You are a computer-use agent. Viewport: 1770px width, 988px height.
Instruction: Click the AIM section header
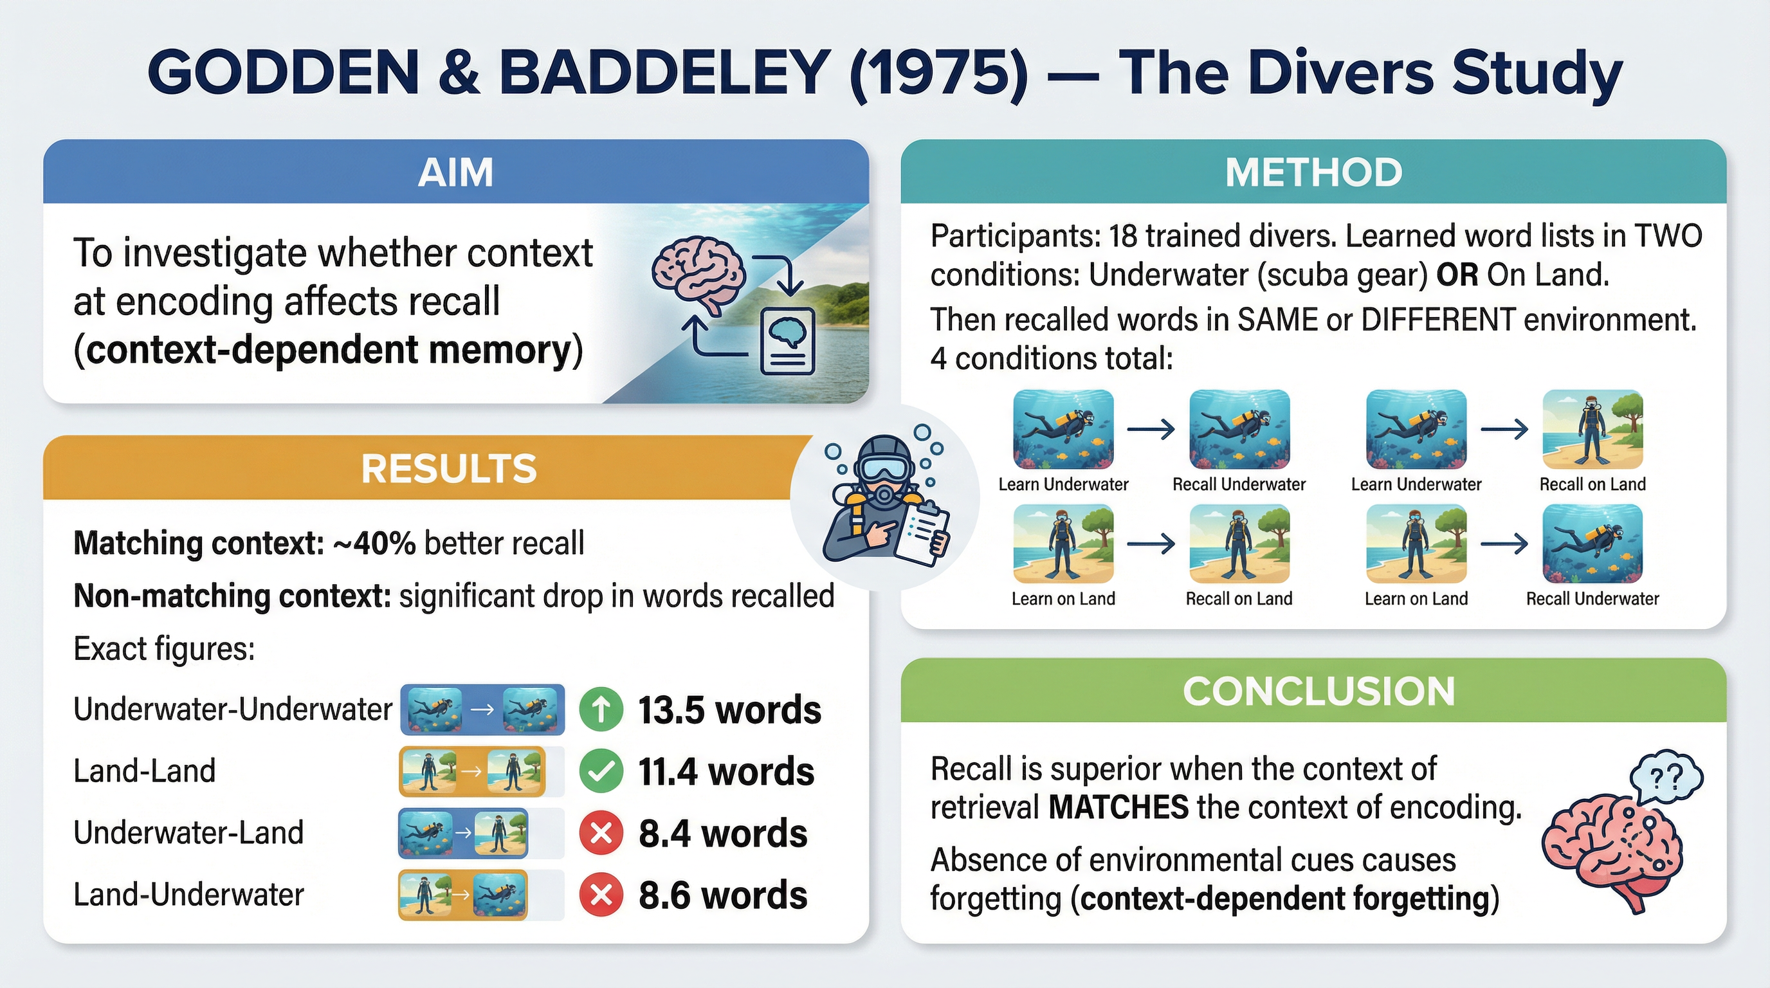point(455,172)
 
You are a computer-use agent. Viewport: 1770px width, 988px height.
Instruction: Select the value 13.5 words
point(729,709)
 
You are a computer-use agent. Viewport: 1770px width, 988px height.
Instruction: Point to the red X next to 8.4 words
point(601,834)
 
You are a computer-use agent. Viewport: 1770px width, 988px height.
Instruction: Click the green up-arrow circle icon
point(601,709)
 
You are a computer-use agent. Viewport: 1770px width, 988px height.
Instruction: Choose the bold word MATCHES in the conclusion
point(1118,807)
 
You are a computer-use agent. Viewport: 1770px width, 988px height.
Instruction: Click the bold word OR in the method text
point(1457,275)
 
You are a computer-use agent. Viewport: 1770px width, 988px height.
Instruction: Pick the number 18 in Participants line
point(1123,236)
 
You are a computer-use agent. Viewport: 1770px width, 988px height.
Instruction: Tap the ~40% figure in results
point(374,544)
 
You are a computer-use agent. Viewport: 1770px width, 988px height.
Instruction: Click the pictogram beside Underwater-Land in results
point(463,834)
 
